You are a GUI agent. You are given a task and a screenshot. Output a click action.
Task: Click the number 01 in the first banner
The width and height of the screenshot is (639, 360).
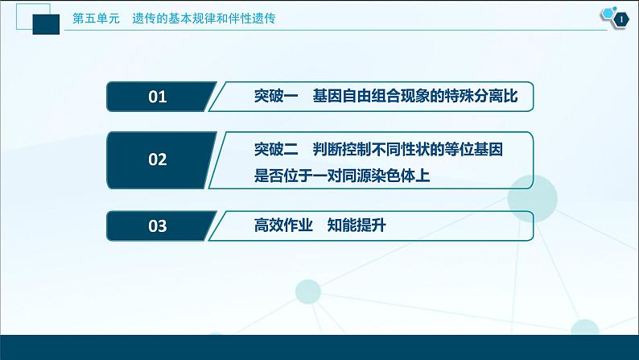click(158, 97)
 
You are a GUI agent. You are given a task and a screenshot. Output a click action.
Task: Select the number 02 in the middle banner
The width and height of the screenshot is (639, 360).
click(158, 159)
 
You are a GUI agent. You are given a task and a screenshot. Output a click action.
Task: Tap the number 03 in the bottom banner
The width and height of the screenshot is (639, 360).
click(158, 226)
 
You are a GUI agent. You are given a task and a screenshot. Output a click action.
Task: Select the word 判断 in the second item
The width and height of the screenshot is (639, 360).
click(328, 149)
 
